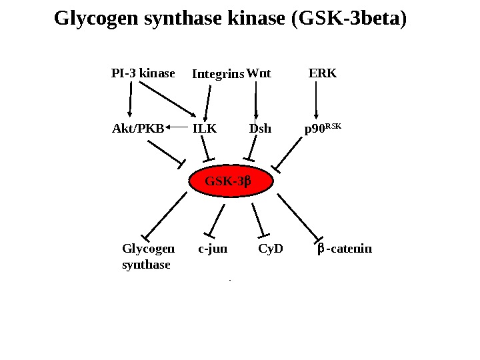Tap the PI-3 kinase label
[x=143, y=72]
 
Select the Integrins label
[x=218, y=74]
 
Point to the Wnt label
[x=259, y=72]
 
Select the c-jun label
[x=213, y=250]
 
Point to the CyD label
[x=270, y=250]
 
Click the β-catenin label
[x=345, y=250]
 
